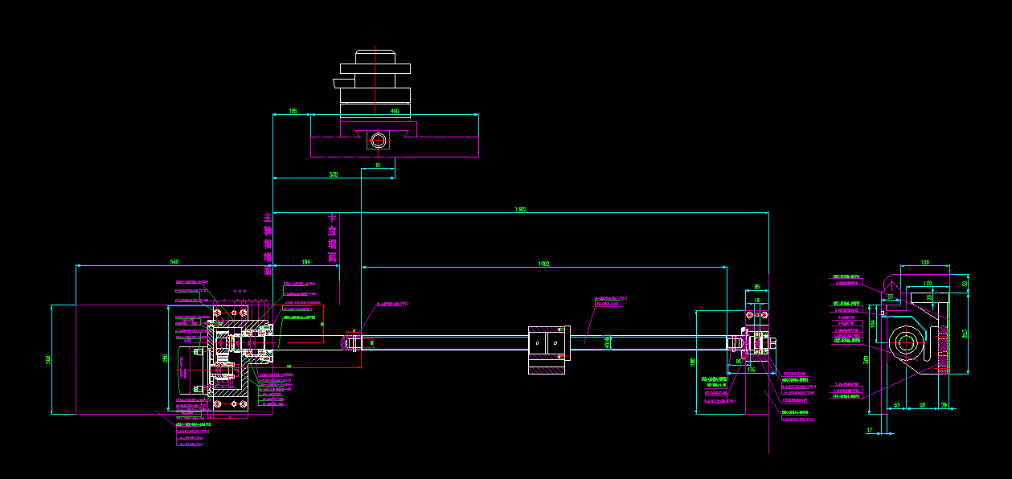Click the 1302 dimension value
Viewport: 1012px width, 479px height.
pyautogui.click(x=521, y=210)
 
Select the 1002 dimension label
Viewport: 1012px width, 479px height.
pyautogui.click(x=544, y=263)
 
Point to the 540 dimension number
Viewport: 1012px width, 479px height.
pyautogui.click(x=174, y=263)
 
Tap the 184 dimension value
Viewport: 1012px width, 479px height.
pyautogui.click(x=305, y=263)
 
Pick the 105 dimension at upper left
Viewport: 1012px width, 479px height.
pyautogui.click(x=293, y=111)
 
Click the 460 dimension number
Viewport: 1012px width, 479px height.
pyautogui.click(x=394, y=111)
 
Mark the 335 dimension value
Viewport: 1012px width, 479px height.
pyautogui.click(x=333, y=174)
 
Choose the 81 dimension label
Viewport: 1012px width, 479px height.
pyautogui.click(x=378, y=166)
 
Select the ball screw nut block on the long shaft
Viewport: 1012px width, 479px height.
pyautogui.click(x=548, y=350)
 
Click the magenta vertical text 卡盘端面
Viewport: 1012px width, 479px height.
pyautogui.click(x=332, y=238)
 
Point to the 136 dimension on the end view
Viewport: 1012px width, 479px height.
pyautogui.click(x=924, y=262)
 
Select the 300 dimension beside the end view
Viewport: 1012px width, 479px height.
pyautogui.click(x=866, y=359)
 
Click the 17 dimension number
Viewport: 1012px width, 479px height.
pyautogui.click(x=870, y=430)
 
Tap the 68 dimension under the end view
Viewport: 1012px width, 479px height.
pyautogui.click(x=922, y=405)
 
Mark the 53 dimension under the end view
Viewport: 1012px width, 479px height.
pyautogui.click(x=896, y=405)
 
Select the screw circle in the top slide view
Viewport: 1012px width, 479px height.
pyautogui.click(x=379, y=141)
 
